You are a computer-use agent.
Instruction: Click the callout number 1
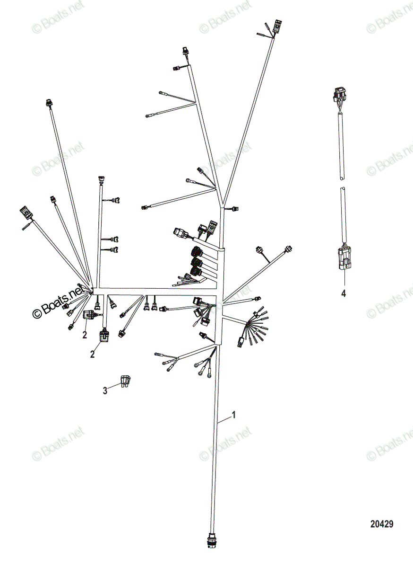tap(234, 415)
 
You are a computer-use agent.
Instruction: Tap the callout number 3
tap(105, 391)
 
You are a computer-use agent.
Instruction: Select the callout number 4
tap(344, 293)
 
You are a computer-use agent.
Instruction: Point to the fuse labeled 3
tap(126, 382)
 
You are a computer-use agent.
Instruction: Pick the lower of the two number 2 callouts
tap(93, 354)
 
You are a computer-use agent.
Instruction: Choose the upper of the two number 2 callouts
tap(85, 335)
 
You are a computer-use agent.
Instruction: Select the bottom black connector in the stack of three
tap(197, 273)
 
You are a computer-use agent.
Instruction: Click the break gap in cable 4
tap(342, 183)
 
